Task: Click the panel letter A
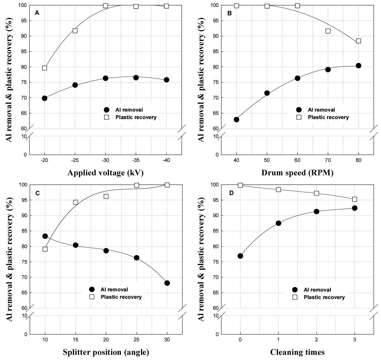[37, 13]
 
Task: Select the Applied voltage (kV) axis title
[105, 173]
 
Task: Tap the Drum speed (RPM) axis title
[297, 173]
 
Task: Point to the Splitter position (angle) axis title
[106, 352]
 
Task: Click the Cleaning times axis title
[297, 352]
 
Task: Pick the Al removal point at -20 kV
[44, 98]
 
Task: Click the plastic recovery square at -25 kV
[75, 31]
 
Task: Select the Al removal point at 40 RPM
[236, 120]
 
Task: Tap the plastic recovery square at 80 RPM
[358, 41]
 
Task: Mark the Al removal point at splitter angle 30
[167, 283]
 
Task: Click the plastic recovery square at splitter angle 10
[45, 249]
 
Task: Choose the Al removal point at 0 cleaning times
[240, 256]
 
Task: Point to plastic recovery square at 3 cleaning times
[354, 199]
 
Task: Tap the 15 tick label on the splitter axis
[75, 340]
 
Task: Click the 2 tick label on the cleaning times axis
[316, 340]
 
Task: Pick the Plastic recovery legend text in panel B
[328, 117]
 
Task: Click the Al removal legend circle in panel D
[295, 290]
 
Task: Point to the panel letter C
[38, 193]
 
